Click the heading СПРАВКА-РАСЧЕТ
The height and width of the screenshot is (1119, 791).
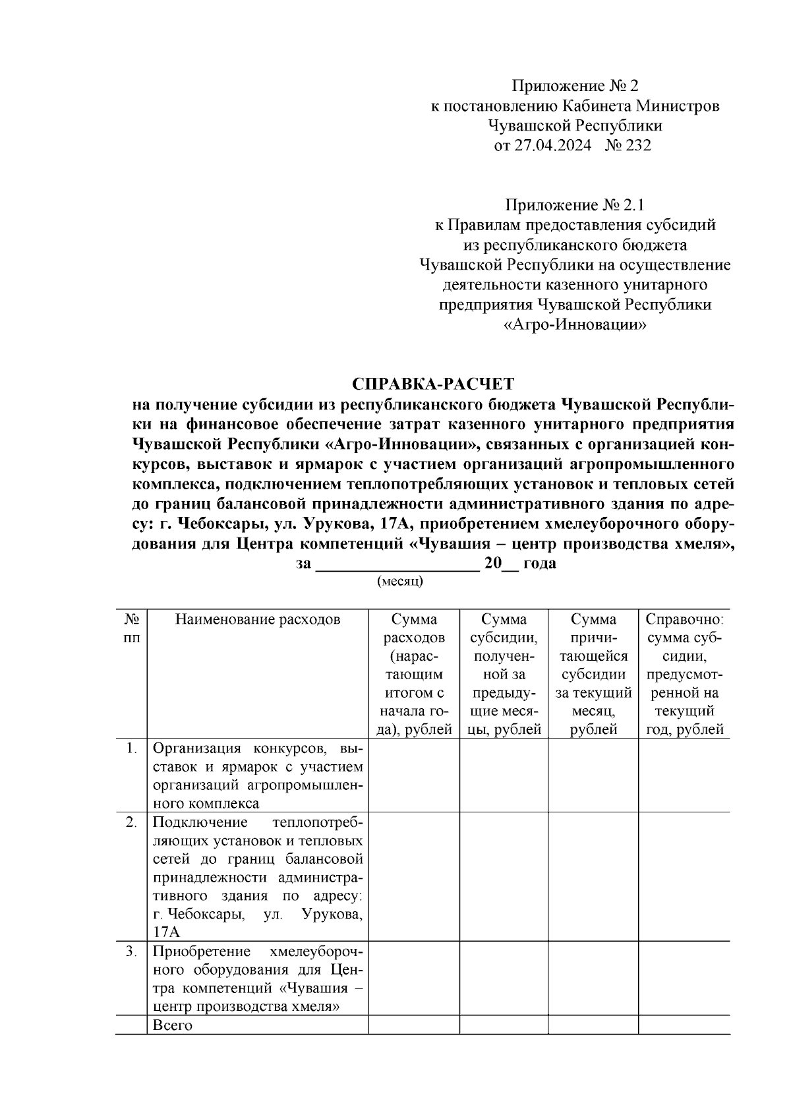[433, 384]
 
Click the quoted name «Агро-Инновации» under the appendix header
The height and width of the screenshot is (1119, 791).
[575, 325]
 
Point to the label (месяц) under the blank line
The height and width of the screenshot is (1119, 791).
[399, 582]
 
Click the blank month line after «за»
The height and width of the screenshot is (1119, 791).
[397, 564]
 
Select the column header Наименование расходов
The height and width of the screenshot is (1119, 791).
[258, 620]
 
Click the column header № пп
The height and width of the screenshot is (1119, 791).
[131, 629]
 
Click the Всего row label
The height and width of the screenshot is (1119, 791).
[173, 1025]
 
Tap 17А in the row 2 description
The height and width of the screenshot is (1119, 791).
[166, 932]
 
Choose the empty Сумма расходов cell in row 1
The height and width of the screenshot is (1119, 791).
[414, 775]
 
